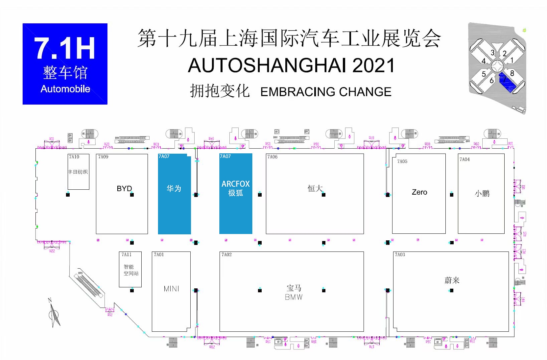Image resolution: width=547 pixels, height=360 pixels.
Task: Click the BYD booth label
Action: pyautogui.click(x=124, y=189)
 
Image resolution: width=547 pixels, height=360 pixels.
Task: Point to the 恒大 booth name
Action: pyautogui.click(x=315, y=189)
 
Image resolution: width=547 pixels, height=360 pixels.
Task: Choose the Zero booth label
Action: pyautogui.click(x=419, y=192)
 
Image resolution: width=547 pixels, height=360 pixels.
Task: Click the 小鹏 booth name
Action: pyautogui.click(x=482, y=193)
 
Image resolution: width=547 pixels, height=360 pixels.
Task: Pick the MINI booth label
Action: pyautogui.click(x=171, y=289)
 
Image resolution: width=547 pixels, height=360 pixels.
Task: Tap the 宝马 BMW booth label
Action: pyautogui.click(x=294, y=292)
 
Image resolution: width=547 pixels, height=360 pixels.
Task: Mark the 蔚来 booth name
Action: pyautogui.click(x=452, y=280)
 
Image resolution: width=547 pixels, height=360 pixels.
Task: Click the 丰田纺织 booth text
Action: pyautogui.click(x=78, y=172)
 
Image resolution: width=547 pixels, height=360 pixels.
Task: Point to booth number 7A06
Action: pyautogui.click(x=272, y=157)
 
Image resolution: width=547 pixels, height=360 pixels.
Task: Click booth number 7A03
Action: pyautogui.click(x=400, y=255)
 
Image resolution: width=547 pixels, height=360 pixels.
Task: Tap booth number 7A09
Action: pyautogui.click(x=103, y=157)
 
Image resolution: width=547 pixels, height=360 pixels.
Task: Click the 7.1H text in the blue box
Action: pyautogui.click(x=65, y=49)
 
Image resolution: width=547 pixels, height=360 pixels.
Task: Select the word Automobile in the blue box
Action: pyautogui.click(x=65, y=89)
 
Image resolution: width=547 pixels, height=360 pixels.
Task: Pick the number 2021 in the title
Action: pyautogui.click(x=373, y=65)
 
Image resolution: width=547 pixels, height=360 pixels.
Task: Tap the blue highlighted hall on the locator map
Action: pyautogui.click(x=507, y=82)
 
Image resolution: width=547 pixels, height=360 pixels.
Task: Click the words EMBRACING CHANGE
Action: pyautogui.click(x=326, y=92)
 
